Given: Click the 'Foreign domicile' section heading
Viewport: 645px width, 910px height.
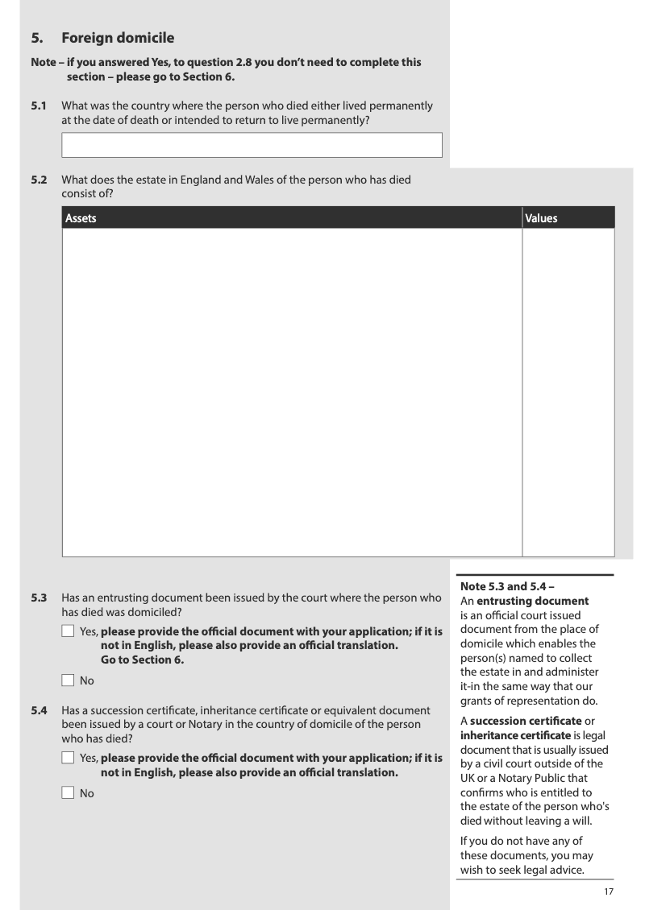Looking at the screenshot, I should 118,38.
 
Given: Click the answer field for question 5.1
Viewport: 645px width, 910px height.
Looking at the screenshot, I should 252,145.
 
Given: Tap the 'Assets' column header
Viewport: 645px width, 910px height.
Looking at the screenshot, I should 81,218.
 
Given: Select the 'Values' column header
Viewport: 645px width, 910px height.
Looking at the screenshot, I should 541,218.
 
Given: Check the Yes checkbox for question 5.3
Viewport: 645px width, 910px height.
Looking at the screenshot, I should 68,631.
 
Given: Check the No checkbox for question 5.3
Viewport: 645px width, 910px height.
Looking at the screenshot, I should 68,680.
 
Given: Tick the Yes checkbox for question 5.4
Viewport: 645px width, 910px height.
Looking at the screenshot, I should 68,759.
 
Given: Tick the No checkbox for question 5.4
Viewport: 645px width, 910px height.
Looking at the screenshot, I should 68,793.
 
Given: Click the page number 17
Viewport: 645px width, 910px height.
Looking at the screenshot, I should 609,891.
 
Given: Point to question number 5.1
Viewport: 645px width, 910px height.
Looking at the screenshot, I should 39,106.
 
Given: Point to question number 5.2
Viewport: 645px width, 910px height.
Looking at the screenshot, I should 39,180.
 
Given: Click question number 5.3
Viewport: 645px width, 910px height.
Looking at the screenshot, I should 39,598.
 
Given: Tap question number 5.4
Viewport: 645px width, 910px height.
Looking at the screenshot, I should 39,710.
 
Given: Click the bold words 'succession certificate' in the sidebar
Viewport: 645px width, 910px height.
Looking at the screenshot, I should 526,720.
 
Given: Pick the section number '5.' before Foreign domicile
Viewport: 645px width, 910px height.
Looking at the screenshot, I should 36,38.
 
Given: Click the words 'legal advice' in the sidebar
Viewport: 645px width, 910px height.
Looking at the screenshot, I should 562,870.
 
